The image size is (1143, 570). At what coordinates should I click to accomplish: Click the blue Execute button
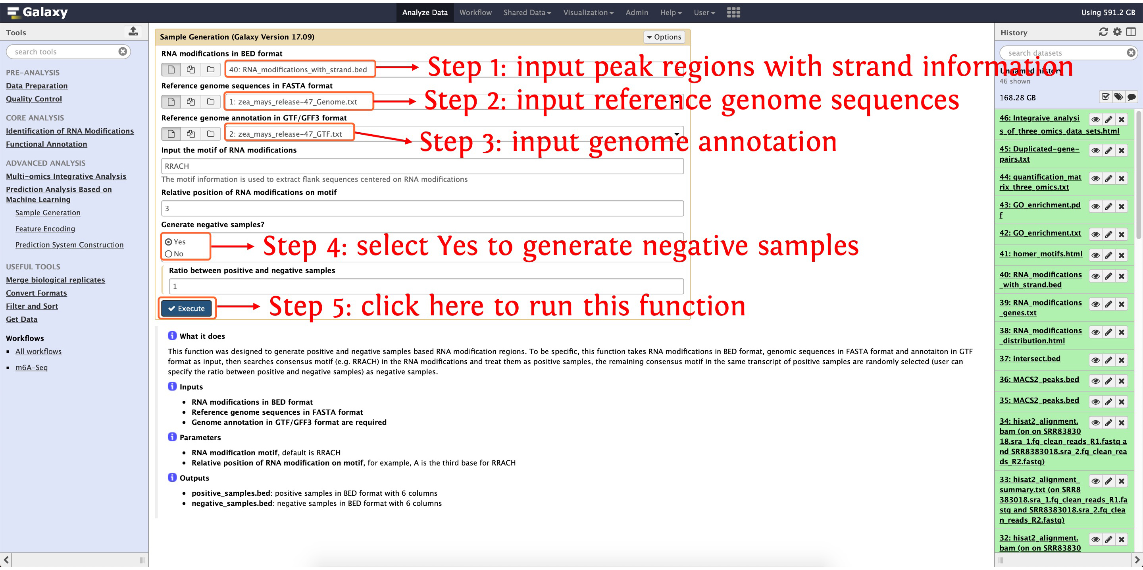tap(187, 309)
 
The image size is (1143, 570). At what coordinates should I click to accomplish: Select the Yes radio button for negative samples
tap(169, 242)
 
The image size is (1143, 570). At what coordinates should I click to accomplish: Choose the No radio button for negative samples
tap(169, 254)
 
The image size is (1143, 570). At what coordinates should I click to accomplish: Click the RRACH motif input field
tap(422, 166)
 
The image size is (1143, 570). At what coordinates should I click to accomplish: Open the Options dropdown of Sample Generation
tap(664, 37)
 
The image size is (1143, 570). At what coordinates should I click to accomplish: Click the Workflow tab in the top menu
tap(475, 12)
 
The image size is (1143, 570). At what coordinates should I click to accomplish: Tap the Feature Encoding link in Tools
tap(45, 229)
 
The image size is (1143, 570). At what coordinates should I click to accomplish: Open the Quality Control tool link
tap(34, 99)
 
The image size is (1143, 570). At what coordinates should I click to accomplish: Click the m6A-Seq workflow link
tap(31, 367)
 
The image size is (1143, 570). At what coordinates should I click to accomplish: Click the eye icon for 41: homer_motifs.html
tap(1095, 255)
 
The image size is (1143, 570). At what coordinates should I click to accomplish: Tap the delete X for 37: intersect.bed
tap(1121, 360)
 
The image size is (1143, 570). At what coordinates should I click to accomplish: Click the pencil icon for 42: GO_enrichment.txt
tap(1108, 234)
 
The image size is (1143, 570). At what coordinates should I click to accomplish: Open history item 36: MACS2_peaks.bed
tap(1039, 380)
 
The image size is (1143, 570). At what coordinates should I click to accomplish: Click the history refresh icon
tap(1103, 32)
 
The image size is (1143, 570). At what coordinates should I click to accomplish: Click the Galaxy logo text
tap(45, 12)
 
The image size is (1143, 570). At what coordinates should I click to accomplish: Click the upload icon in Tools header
tap(133, 31)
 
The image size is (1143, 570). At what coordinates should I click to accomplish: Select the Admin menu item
tap(637, 12)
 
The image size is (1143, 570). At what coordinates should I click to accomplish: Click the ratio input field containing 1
tap(426, 286)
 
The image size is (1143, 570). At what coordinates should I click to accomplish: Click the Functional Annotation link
tap(46, 144)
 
